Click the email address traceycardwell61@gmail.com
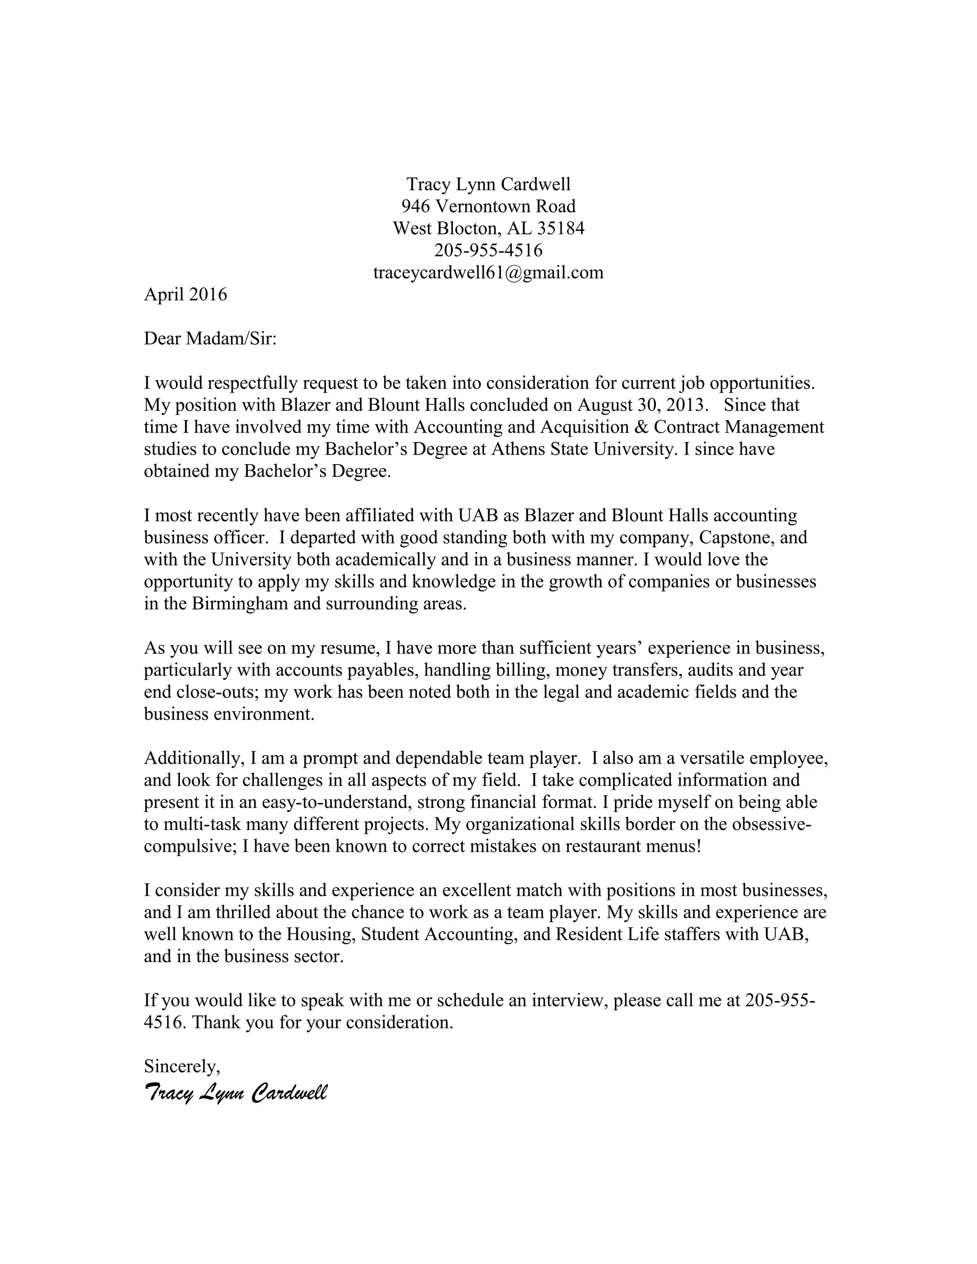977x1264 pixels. point(488,272)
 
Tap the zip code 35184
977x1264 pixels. point(560,228)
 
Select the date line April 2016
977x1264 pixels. point(185,295)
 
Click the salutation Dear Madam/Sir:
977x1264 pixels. point(210,339)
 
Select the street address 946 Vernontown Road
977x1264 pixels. point(488,206)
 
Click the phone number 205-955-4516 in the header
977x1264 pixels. point(488,250)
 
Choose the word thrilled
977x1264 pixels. point(243,912)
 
